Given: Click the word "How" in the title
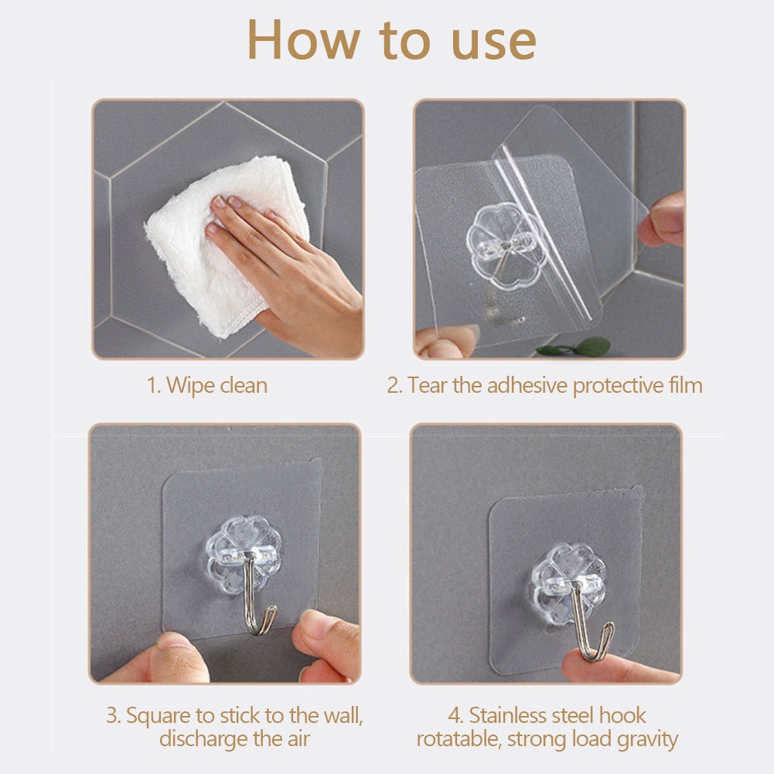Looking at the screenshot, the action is [x=303, y=40].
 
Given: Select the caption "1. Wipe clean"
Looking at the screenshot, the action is [x=207, y=385].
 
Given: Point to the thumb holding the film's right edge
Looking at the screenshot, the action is [x=660, y=219].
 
